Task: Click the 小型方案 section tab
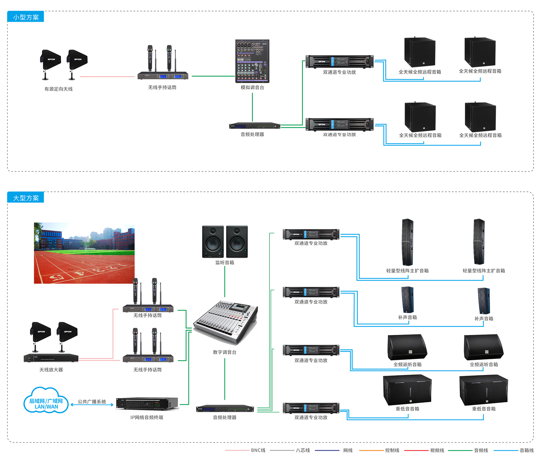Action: (x=26, y=17)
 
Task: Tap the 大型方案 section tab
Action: (x=26, y=198)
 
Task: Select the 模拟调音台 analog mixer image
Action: (x=252, y=61)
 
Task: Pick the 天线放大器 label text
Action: (x=51, y=370)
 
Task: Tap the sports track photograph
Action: (x=84, y=253)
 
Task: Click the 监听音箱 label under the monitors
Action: (x=225, y=263)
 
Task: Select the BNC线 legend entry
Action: (x=258, y=450)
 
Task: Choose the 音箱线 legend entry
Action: (x=526, y=450)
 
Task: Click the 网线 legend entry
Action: (x=348, y=450)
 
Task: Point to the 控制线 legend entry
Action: (x=392, y=450)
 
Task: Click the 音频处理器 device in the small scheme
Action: (x=254, y=126)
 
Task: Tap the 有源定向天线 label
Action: (x=58, y=89)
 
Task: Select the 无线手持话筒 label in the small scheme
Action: (x=162, y=87)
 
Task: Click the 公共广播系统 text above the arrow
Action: (x=92, y=401)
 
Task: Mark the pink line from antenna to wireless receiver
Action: (x=107, y=77)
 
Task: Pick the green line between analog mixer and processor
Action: (x=252, y=107)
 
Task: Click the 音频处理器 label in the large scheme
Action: (x=225, y=417)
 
